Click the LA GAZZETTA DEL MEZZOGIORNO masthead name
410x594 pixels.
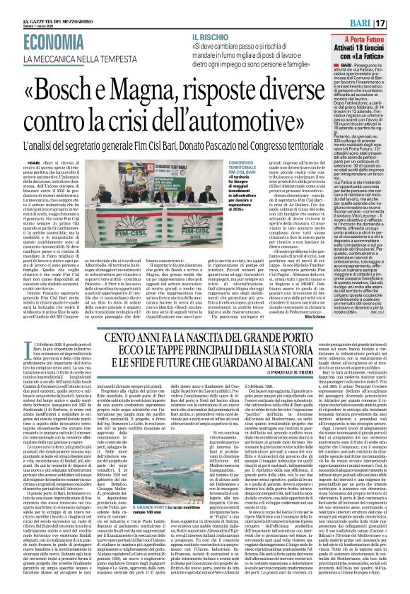[x=35, y=4]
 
